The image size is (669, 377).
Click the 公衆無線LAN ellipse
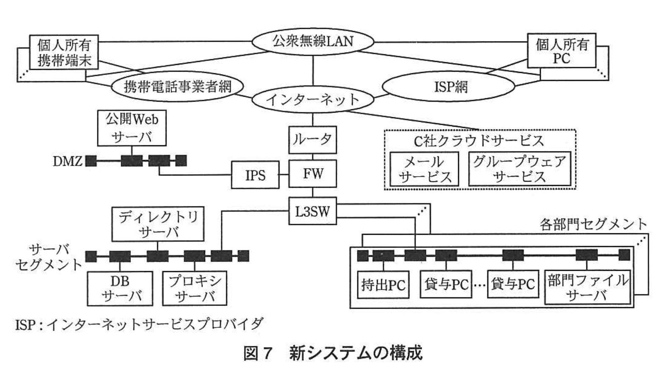pyautogui.click(x=313, y=42)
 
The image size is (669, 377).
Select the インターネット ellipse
pyautogui.click(x=313, y=100)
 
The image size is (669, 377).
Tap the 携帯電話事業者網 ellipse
pyautogui.click(x=177, y=86)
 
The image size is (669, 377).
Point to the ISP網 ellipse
pyautogui.click(x=449, y=87)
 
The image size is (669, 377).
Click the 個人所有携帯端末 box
pyautogui.click(x=64, y=53)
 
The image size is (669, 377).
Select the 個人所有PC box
pyautogui.click(x=561, y=51)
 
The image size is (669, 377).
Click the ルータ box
pyautogui.click(x=312, y=140)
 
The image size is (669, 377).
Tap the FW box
pyautogui.click(x=312, y=174)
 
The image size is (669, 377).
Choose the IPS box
pyautogui.click(x=255, y=175)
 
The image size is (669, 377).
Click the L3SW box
pyautogui.click(x=312, y=211)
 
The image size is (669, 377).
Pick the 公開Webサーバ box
pyautogui.click(x=132, y=128)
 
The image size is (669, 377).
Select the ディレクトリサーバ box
pyautogui.click(x=158, y=224)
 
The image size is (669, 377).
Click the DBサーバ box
pyautogui.click(x=120, y=288)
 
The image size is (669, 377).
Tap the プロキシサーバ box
pyautogui.click(x=195, y=288)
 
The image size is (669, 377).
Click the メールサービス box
pyautogui.click(x=424, y=169)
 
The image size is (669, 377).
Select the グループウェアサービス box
pyautogui.click(x=520, y=169)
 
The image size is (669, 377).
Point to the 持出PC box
pyautogui.click(x=383, y=285)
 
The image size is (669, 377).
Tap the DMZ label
pyautogui.click(x=67, y=161)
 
